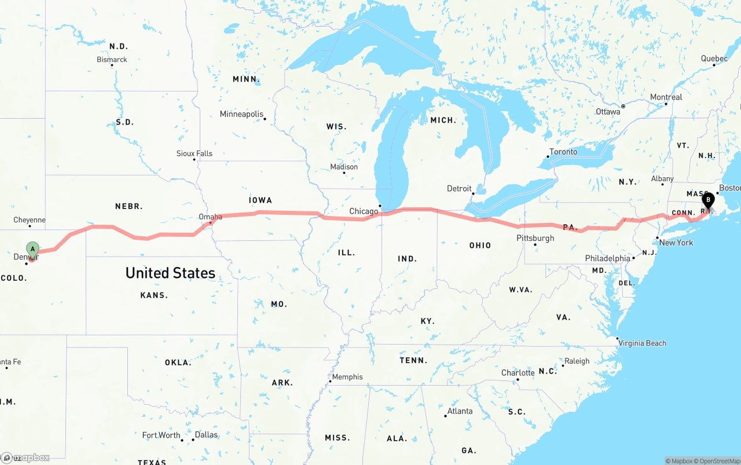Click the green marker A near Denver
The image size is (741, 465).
pos(33,250)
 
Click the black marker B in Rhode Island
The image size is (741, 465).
pos(708,200)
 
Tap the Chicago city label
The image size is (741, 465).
pos(364,211)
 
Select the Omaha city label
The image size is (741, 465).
pos(210,217)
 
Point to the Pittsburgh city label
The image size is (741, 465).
pos(535,238)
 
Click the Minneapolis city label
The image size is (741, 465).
pos(241,114)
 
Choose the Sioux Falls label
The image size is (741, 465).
pos(195,153)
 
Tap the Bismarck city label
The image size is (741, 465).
pos(112,60)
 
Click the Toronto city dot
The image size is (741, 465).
pos(548,156)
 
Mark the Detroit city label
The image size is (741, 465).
pos(459,189)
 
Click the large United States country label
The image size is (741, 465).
pos(170,273)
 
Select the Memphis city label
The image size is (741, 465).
pos(347,377)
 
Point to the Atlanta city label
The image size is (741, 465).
pos(460,411)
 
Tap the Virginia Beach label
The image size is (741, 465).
pos(642,343)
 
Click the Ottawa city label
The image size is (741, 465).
pos(608,111)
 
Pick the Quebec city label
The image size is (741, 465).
pos(714,58)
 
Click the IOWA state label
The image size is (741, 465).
pos(261,200)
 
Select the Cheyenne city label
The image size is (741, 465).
pos(30,220)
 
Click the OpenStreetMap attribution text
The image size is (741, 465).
pos(718,461)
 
